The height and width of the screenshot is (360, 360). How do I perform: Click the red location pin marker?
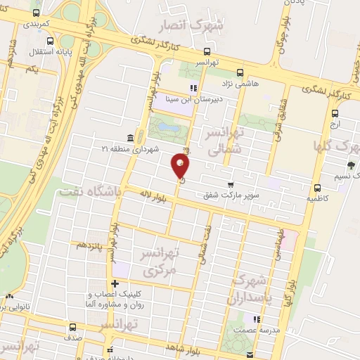(x=181, y=165)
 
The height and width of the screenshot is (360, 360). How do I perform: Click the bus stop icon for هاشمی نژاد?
(x=240, y=72)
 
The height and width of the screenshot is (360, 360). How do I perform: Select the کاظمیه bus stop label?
(x=318, y=198)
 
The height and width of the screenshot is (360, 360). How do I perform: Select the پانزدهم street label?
(x=91, y=245)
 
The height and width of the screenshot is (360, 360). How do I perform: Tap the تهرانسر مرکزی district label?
(x=161, y=262)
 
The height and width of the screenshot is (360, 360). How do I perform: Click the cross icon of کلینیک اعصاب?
(x=115, y=284)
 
